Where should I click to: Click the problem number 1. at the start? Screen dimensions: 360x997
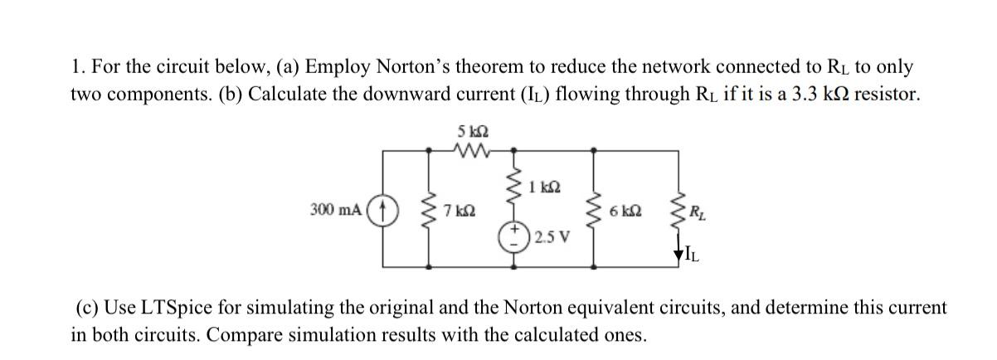tap(76, 67)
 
